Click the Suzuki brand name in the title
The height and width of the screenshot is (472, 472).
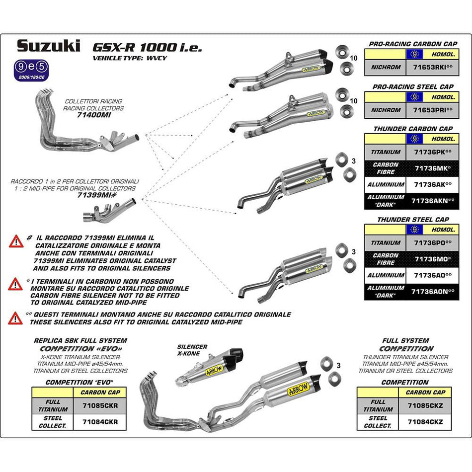coord(48,46)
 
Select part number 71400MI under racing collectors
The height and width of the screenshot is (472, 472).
coord(94,114)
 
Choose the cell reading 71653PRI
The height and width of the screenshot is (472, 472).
coord(433,110)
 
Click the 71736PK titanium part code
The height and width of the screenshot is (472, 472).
coord(433,152)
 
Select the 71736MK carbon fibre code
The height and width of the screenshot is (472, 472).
coord(433,168)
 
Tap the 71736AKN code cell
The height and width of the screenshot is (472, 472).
coord(433,201)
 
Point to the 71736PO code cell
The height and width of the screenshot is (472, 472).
coord(433,243)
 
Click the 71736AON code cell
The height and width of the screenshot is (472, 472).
coord(433,292)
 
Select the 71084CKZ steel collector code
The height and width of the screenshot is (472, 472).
coord(426,422)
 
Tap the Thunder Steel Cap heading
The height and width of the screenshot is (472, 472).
coord(412,219)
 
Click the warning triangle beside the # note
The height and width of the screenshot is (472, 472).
coord(15,241)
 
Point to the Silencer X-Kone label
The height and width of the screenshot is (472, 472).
coord(192,350)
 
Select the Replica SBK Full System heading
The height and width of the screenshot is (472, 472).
coord(80,341)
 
